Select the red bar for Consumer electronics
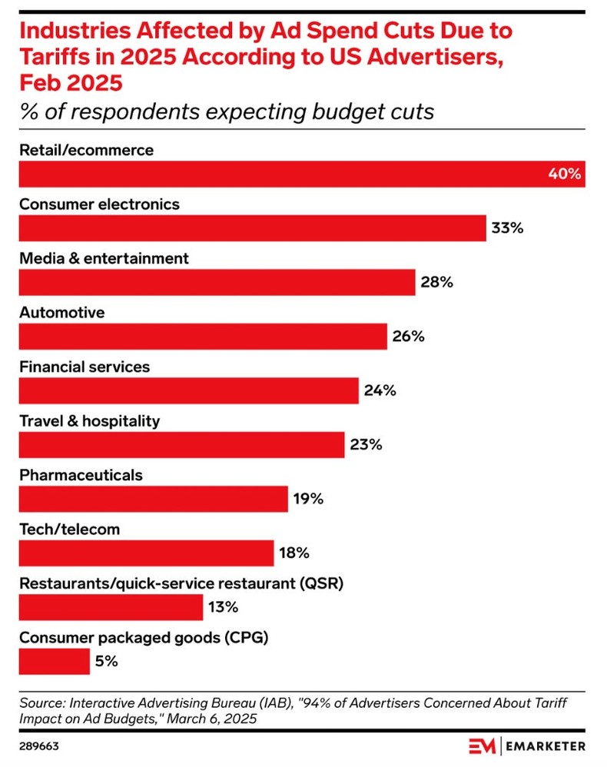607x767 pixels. point(252,228)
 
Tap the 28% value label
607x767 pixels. point(436,282)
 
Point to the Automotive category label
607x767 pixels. point(61,313)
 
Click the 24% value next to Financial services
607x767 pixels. point(380,390)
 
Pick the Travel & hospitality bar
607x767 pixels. point(181,445)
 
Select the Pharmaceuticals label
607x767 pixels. point(81,475)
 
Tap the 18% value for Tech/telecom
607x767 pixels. point(294,553)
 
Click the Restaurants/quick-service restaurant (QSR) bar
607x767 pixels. point(111,607)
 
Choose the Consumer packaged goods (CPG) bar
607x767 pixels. point(54,661)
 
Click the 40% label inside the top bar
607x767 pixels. point(564,174)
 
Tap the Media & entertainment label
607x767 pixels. point(104,259)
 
